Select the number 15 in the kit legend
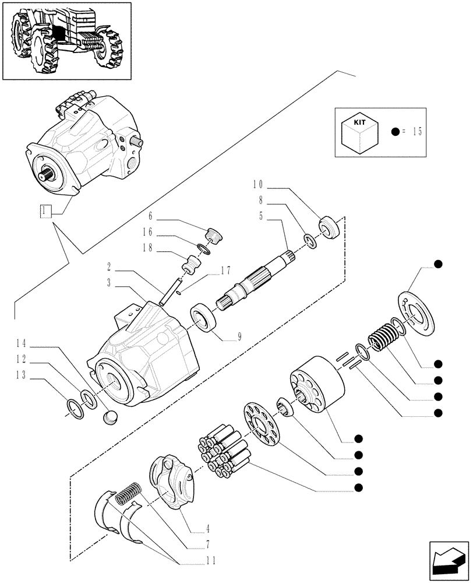click(x=415, y=132)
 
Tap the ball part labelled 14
click(x=110, y=417)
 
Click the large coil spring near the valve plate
click(x=382, y=337)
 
